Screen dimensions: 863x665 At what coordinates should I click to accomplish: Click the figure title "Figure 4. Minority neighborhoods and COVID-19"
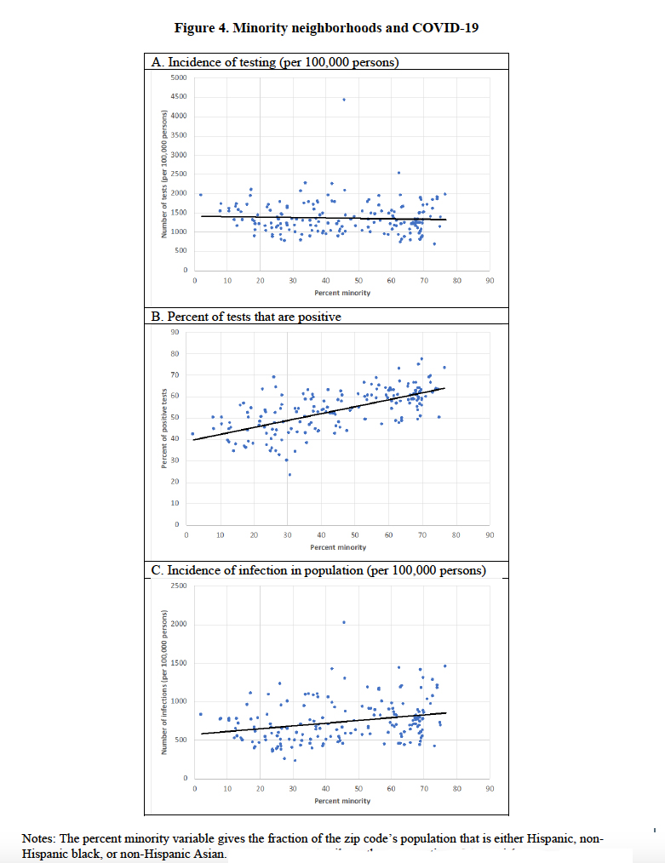click(x=326, y=27)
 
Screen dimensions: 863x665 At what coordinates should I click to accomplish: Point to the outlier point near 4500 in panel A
click(x=344, y=100)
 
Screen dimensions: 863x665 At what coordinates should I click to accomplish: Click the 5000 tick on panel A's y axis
click(x=179, y=77)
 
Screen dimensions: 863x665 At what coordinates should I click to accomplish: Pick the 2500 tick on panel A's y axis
click(x=179, y=174)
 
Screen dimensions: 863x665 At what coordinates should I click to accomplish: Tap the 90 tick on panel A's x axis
click(x=490, y=280)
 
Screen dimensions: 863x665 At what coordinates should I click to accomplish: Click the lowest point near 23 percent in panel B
click(x=290, y=474)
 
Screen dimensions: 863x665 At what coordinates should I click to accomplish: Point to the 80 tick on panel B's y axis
click(x=175, y=353)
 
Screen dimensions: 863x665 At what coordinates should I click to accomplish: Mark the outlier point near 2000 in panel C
click(x=343, y=622)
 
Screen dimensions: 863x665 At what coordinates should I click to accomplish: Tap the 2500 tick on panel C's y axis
click(x=179, y=586)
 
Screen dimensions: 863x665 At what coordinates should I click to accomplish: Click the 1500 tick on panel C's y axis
click(x=179, y=663)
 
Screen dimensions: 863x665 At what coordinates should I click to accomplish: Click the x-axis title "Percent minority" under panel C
click(x=342, y=802)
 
